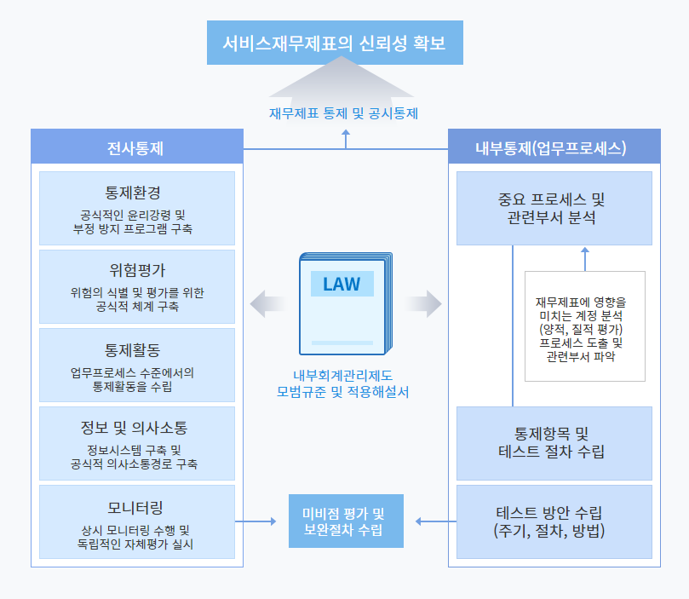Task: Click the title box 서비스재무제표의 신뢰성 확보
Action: click(335, 43)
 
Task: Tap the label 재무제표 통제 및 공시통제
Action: click(343, 113)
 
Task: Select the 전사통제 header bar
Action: click(137, 147)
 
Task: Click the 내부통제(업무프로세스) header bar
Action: click(554, 147)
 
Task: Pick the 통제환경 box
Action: click(137, 208)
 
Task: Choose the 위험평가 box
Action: click(137, 286)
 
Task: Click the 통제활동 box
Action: click(137, 366)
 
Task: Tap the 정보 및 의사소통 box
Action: click(137, 443)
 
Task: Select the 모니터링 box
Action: click(137, 522)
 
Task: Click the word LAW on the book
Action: click(342, 285)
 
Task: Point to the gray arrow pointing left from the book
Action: click(268, 303)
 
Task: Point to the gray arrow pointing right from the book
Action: click(423, 303)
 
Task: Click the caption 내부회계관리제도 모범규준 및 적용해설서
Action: click(342, 383)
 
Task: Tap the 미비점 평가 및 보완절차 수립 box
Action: click(346, 521)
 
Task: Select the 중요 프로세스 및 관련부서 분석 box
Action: click(554, 208)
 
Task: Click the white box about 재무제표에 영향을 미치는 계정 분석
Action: click(585, 326)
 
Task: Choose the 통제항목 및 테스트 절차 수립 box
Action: click(554, 443)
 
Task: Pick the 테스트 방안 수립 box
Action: click(554, 522)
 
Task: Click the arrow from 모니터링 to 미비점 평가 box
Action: click(256, 521)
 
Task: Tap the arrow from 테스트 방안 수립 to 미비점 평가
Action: click(436, 521)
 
